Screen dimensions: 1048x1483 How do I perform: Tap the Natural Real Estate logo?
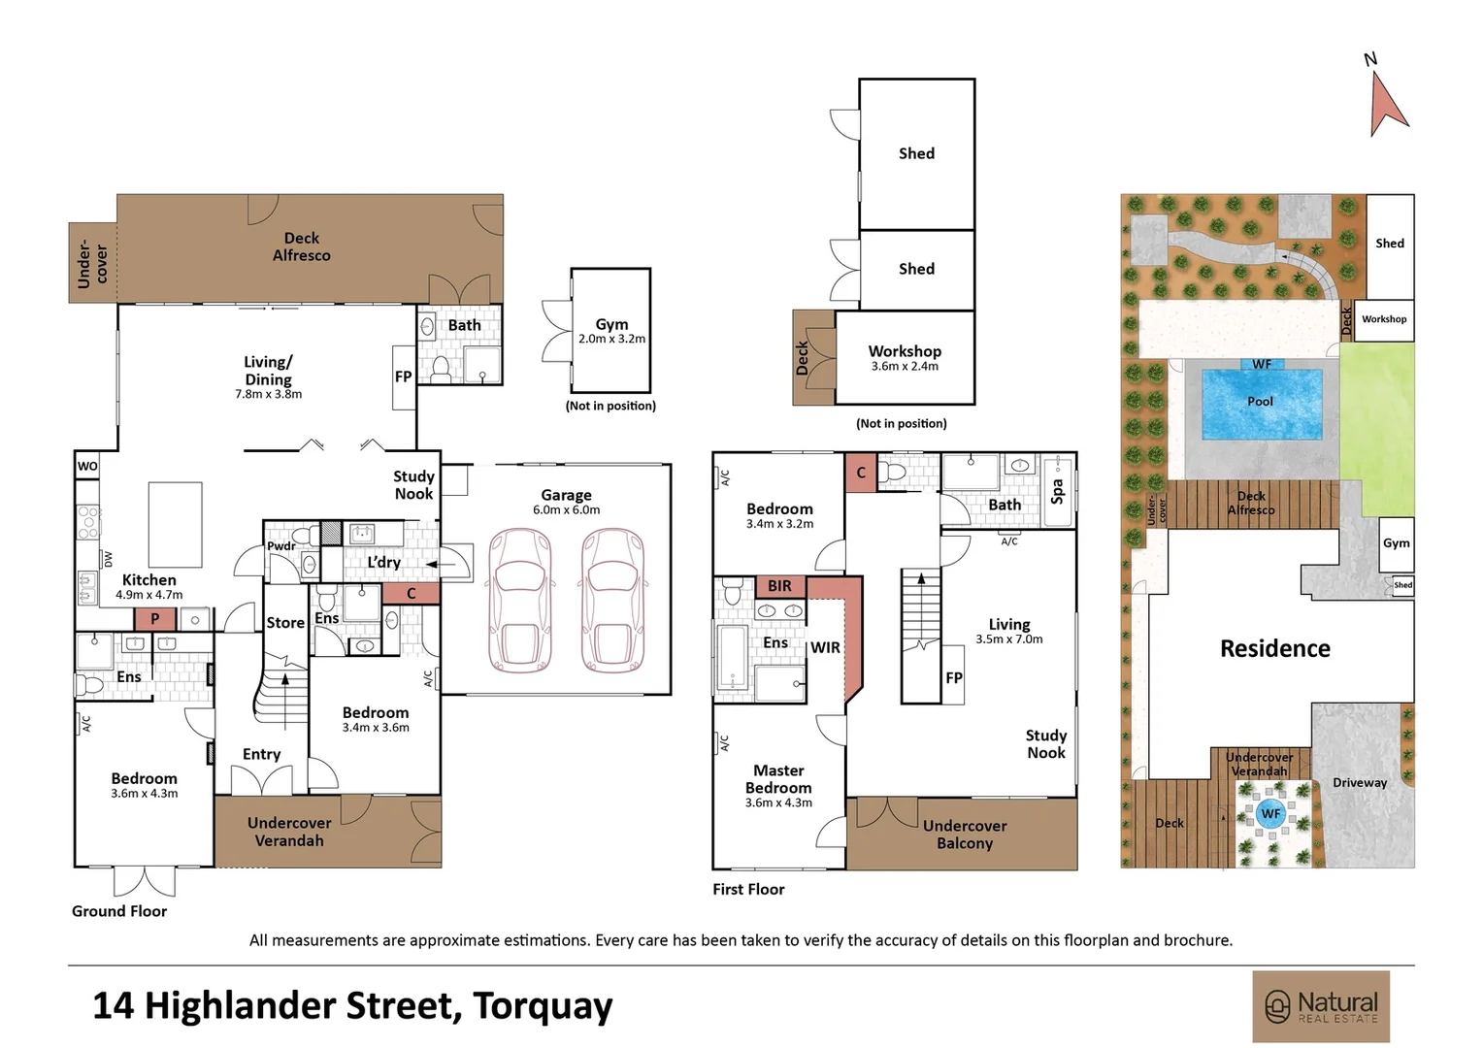coord(1321,1006)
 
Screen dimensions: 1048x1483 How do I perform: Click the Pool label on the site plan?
coord(1260,401)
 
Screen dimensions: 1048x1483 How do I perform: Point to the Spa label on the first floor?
coord(1057,491)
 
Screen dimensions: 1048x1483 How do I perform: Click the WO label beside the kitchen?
coord(87,466)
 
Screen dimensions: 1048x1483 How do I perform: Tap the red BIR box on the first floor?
coord(779,586)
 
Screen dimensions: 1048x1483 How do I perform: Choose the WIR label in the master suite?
coord(825,647)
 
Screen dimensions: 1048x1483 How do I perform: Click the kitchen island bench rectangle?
coord(175,524)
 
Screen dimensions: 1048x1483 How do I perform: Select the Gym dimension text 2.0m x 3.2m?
coord(611,340)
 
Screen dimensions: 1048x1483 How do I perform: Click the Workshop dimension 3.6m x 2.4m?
coord(905,367)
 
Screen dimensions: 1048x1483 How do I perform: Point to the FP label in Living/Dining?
coord(404,377)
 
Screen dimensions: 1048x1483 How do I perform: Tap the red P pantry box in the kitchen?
coord(154,619)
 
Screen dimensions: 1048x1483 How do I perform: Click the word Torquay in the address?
coord(543,1005)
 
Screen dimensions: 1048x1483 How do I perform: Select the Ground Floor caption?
coord(119,911)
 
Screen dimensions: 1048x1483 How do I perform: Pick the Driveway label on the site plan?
coord(1359,782)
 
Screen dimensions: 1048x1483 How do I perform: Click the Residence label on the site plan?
coord(1274,648)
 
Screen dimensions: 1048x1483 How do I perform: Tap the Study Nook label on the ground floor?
coord(413,485)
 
